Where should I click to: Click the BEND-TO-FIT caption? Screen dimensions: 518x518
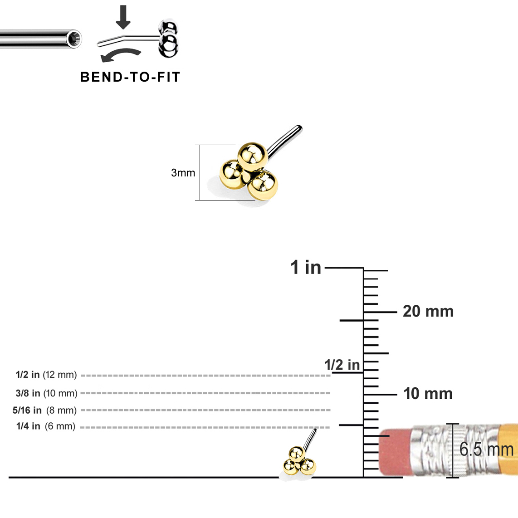pyautogui.click(x=130, y=77)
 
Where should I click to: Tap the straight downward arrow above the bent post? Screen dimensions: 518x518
pyautogui.click(x=123, y=16)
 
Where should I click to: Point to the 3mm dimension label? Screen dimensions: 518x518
pyautogui.click(x=183, y=173)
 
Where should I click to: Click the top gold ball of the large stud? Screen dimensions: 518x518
pyautogui.click(x=252, y=155)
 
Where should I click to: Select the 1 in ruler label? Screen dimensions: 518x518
pyautogui.click(x=306, y=268)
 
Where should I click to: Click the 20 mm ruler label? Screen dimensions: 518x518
pyautogui.click(x=428, y=311)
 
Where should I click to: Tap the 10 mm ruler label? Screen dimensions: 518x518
pyautogui.click(x=428, y=393)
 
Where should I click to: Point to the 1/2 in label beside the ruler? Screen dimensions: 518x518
pyautogui.click(x=342, y=365)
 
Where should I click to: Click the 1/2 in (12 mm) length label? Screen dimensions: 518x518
pyautogui.click(x=46, y=375)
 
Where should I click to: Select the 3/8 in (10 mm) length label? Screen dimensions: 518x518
pyautogui.click(x=46, y=393)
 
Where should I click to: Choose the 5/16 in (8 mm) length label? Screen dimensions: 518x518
pyautogui.click(x=44, y=410)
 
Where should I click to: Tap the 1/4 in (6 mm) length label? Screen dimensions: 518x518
pyautogui.click(x=45, y=426)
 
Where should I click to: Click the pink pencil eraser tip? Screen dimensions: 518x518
pyautogui.click(x=395, y=452)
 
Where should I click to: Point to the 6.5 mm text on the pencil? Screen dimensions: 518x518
pyautogui.click(x=486, y=450)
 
